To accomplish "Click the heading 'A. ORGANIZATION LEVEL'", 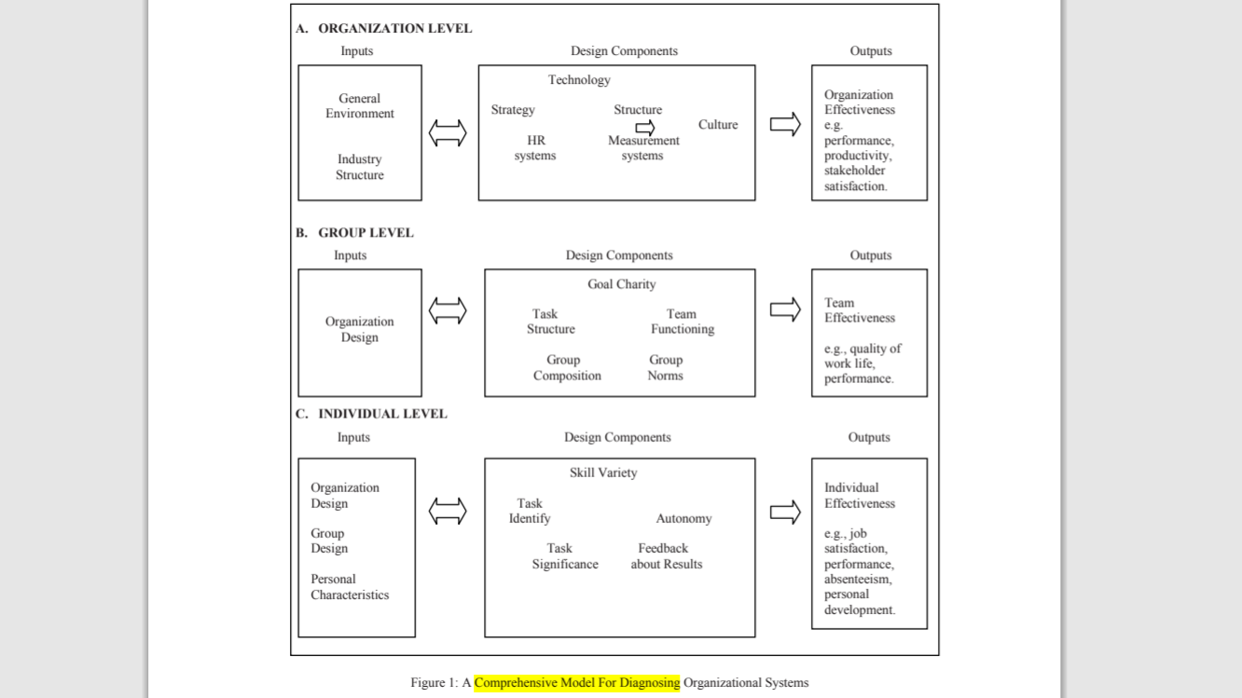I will pyautogui.click(x=384, y=29).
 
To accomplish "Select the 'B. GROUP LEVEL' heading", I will pyautogui.click(x=355, y=233).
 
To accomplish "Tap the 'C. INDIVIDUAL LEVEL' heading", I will pyautogui.click(x=372, y=414).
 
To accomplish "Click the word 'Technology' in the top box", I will pyautogui.click(x=579, y=80).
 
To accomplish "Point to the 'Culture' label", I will pyautogui.click(x=718, y=125).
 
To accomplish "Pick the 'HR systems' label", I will pyautogui.click(x=535, y=148).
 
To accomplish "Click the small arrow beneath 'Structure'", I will pyautogui.click(x=645, y=127).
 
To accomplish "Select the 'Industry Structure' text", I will pyautogui.click(x=360, y=168).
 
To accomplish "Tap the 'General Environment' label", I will pyautogui.click(x=360, y=106).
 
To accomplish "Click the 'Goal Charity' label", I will pyautogui.click(x=621, y=284).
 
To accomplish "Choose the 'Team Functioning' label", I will pyautogui.click(x=683, y=322).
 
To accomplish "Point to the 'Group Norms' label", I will pyautogui.click(x=666, y=368).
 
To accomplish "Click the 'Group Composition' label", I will pyautogui.click(x=567, y=368).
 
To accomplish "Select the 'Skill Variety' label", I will pyautogui.click(x=603, y=473).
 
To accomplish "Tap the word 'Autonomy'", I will pyautogui.click(x=683, y=519).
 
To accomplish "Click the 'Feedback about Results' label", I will pyautogui.click(x=666, y=556).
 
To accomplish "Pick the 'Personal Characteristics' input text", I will pyautogui.click(x=350, y=587).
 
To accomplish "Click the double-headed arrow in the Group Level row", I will pyautogui.click(x=448, y=310).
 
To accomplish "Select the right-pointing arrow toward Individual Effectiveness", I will pyautogui.click(x=785, y=512).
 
